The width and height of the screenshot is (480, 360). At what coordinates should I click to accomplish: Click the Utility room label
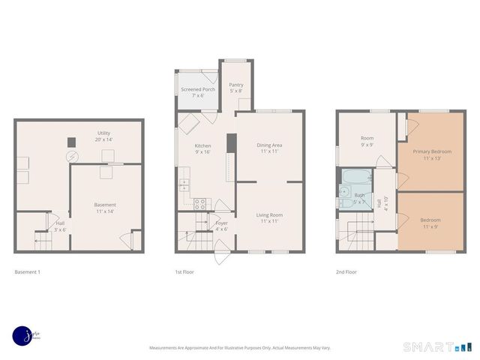[x=103, y=136]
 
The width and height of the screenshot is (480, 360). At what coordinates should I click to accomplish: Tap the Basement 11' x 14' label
[x=105, y=208]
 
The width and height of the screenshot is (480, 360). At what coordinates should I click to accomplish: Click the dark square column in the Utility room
[x=72, y=141]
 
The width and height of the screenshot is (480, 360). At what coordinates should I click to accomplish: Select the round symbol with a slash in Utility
[x=72, y=157]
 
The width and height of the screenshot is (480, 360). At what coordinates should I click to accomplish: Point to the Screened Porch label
[x=198, y=92]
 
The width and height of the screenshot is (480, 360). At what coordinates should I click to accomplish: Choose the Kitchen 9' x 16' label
[x=202, y=148]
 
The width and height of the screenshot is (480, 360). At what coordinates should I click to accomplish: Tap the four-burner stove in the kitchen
[x=200, y=202]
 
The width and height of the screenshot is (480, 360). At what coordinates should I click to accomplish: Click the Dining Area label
[x=269, y=148]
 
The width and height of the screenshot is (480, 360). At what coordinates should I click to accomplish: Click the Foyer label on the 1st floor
[x=222, y=226]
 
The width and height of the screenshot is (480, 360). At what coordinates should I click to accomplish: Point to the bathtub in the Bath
[x=355, y=178]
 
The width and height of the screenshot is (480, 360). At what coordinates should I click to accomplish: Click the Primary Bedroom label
[x=431, y=154]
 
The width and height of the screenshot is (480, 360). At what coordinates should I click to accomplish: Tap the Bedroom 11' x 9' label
[x=430, y=223]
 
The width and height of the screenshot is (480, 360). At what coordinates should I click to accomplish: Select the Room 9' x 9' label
[x=367, y=141]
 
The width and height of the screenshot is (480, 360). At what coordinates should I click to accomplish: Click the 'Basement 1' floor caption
[x=28, y=271]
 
